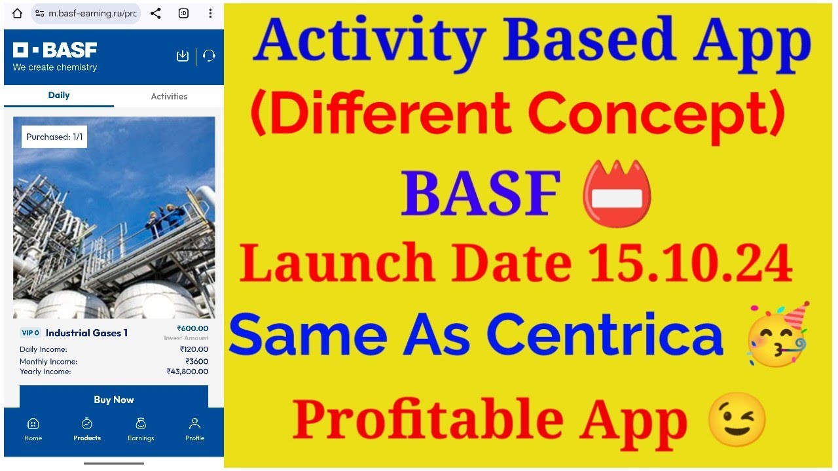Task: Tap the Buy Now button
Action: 114,400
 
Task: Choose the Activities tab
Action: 169,96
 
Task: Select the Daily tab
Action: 59,96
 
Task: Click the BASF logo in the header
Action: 55,50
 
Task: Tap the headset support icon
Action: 209,56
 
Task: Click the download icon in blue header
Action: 183,56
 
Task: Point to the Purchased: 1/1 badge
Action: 54,137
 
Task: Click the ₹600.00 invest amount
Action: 192,328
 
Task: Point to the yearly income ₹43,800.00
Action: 187,372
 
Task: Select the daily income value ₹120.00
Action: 194,349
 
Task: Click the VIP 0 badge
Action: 30,333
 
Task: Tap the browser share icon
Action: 155,13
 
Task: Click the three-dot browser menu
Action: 210,13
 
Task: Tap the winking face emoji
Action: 737,419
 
